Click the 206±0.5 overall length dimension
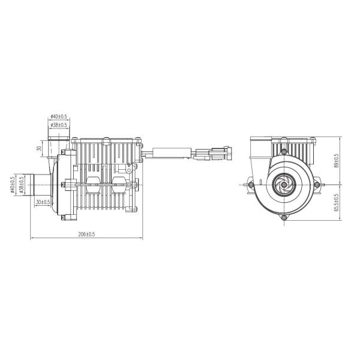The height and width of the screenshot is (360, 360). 88,233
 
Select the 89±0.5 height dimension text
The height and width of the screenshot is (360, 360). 337,160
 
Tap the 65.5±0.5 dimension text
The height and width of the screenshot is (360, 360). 337,203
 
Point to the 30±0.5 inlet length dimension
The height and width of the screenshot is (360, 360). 42,202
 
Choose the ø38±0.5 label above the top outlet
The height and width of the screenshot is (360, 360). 58,125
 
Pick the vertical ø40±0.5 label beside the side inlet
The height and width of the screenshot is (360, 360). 13,184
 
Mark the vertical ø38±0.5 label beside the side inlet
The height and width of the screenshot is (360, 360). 21,184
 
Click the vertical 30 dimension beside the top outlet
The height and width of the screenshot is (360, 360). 39,148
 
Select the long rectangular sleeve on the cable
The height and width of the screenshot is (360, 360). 173,153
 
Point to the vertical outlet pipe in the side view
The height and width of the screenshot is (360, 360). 58,145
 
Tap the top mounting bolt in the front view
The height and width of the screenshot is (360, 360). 283,152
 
